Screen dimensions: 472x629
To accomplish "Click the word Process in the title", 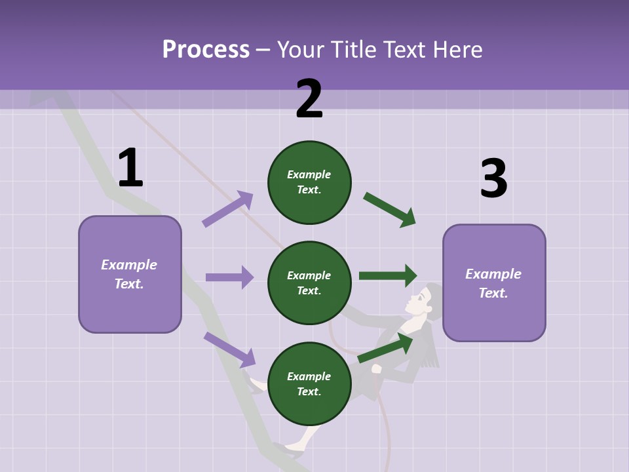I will coord(206,50).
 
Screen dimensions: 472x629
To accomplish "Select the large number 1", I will coord(130,168).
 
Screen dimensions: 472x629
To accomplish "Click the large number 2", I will coord(309,99).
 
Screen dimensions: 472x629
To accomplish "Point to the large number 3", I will coord(493,179).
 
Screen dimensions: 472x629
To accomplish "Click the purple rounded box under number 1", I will coord(130,274).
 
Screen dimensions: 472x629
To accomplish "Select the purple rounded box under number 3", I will coord(494,283).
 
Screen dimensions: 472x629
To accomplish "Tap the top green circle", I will coord(309,182).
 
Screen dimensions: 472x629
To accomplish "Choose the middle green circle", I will coord(309,283).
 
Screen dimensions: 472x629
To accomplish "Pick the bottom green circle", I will coord(309,383).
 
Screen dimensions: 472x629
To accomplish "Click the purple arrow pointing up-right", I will coord(227,209).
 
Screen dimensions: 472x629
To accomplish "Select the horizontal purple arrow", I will coord(229,277).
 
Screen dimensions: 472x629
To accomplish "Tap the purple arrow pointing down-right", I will coord(229,349).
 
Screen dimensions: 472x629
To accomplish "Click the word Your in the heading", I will coord(300,50).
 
